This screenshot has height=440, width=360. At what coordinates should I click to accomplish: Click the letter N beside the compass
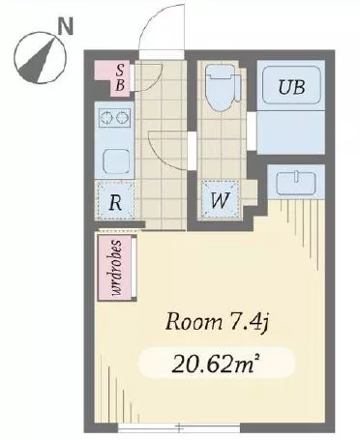[x=66, y=26]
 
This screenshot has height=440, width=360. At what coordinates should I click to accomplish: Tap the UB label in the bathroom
[x=291, y=86]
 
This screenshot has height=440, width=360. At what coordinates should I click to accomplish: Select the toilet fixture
[x=223, y=88]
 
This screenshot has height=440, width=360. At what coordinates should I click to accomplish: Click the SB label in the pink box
[x=120, y=77]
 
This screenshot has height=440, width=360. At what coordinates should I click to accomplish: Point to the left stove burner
[x=106, y=117]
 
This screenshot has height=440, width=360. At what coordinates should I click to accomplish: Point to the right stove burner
[x=121, y=117]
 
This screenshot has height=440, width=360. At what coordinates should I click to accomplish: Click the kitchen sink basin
[x=116, y=162]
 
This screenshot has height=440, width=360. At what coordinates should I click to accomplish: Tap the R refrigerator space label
[x=115, y=202]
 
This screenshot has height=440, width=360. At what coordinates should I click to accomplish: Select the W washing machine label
[x=221, y=200]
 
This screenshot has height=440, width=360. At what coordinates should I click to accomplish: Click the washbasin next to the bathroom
[x=296, y=183]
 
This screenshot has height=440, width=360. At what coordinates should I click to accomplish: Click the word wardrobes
[x=116, y=268]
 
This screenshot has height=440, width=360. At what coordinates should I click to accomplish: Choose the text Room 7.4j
[x=217, y=322]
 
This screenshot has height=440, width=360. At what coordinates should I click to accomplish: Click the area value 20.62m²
[x=216, y=363]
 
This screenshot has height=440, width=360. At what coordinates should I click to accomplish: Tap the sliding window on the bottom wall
[x=179, y=427]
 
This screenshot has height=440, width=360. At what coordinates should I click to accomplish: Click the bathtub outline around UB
[x=292, y=85]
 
